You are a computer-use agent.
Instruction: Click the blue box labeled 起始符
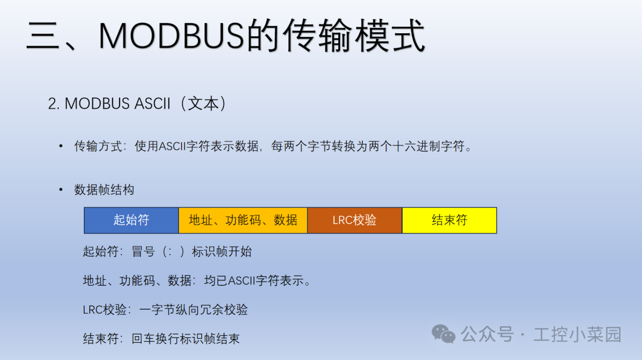pyautogui.click(x=131, y=220)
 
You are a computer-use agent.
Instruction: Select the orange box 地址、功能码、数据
pyautogui.click(x=243, y=220)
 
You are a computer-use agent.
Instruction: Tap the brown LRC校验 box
pyautogui.click(x=354, y=220)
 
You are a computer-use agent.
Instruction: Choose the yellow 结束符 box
pyautogui.click(x=449, y=220)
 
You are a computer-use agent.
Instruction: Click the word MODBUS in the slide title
pyautogui.click(x=172, y=35)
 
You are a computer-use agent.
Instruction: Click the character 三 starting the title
pyautogui.click(x=45, y=35)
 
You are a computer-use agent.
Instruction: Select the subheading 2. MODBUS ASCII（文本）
pyautogui.click(x=137, y=103)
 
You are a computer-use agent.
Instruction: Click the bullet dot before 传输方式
pyautogui.click(x=61, y=146)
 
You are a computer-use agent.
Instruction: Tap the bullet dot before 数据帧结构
pyautogui.click(x=61, y=190)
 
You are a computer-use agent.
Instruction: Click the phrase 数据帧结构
pyautogui.click(x=104, y=190)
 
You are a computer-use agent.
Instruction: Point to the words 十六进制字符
pyautogui.click(x=430, y=146)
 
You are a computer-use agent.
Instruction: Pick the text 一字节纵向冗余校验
pyautogui.click(x=193, y=310)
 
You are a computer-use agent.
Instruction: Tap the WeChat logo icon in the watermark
pyautogui.click(x=443, y=334)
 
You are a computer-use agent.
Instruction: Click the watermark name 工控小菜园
pyautogui.click(x=577, y=334)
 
